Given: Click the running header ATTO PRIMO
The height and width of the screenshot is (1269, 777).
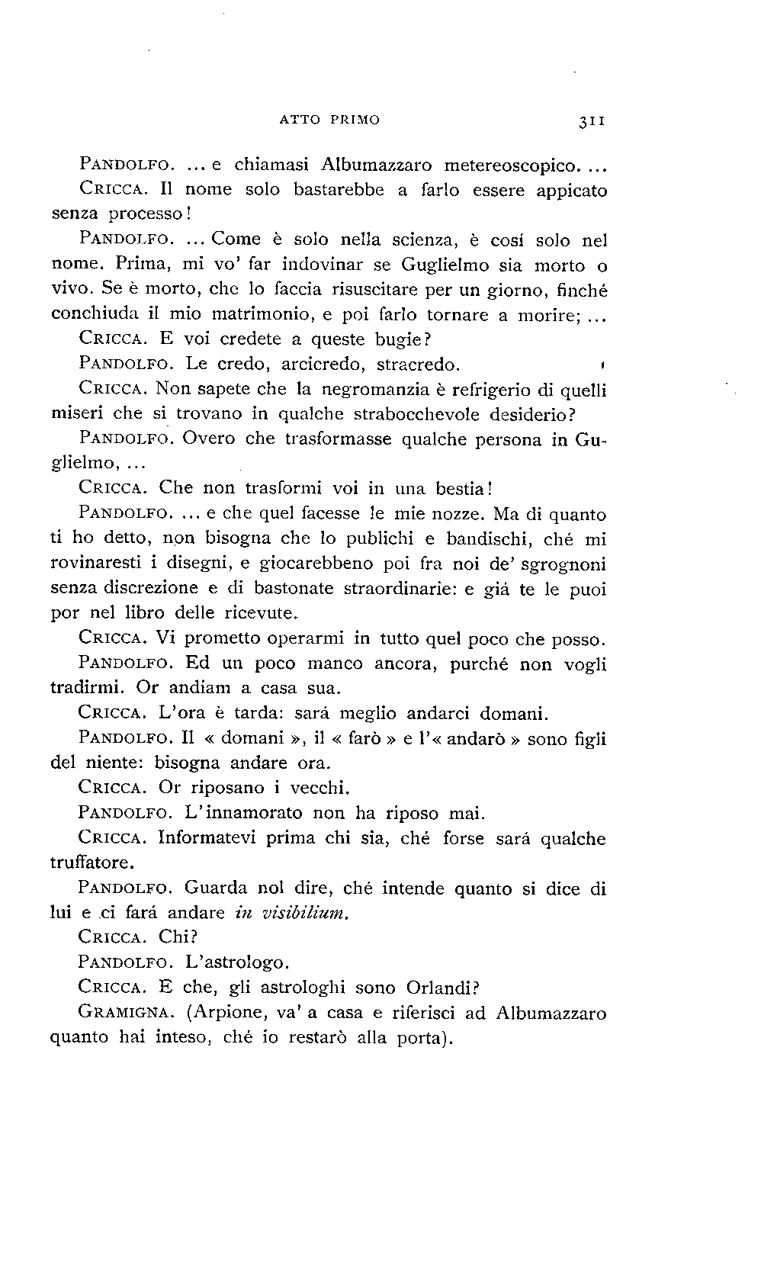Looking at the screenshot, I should pos(329,120).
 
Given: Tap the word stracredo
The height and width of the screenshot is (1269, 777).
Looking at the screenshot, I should pos(419,364).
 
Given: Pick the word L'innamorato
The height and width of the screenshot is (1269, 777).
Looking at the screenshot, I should pos(244,813).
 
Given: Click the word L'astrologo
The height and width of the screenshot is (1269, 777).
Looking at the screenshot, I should pos(237,962).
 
